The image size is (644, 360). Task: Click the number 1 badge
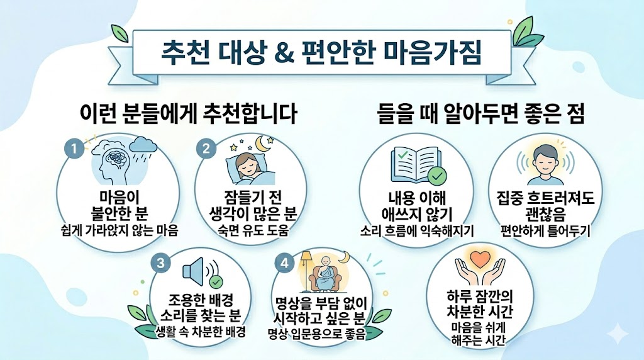pyautogui.click(x=74, y=150)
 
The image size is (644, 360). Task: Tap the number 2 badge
pyautogui.click(x=205, y=149)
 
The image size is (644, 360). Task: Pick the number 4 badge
pyautogui.click(x=285, y=264)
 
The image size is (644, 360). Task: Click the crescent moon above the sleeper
pyautogui.click(x=262, y=145)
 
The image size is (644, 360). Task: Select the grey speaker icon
pyautogui.click(x=193, y=271)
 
